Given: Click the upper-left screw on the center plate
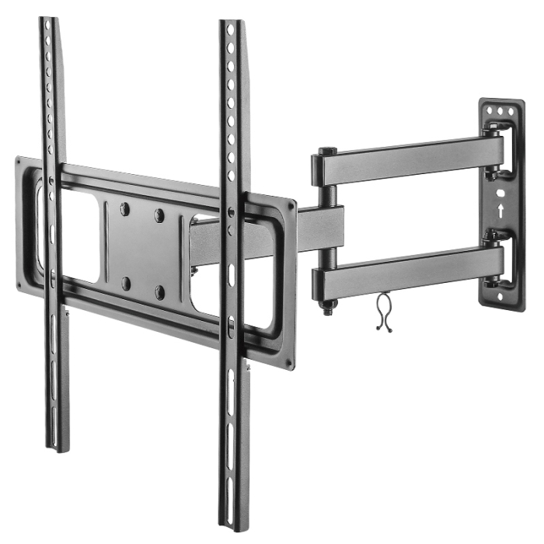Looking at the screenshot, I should (125, 208).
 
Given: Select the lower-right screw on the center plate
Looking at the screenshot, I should (160, 292).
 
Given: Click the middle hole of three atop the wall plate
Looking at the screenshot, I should (500, 112).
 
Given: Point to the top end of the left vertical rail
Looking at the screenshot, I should (48, 21).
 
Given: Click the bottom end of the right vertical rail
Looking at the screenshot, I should (236, 525).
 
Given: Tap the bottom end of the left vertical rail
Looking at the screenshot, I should (58, 446).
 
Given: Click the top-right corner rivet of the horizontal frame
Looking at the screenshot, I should (291, 207).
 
